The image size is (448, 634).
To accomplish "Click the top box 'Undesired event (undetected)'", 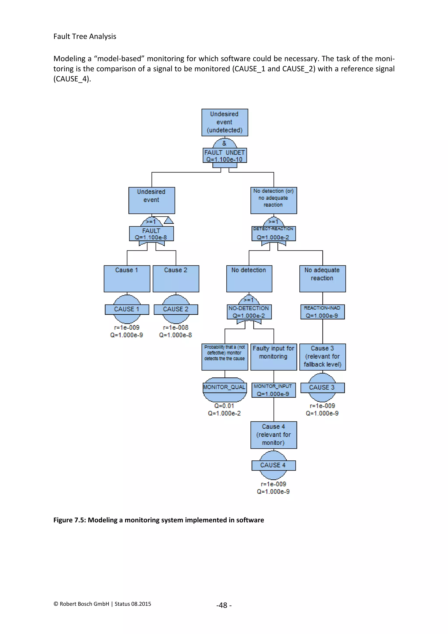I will (x=225, y=122).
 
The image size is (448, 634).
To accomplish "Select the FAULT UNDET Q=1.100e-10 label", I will (x=225, y=156).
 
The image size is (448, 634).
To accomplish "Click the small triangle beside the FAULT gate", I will (x=169, y=220).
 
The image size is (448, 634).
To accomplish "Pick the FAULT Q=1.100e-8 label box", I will (x=151, y=234).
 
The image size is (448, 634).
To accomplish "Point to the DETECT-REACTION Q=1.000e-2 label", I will (x=273, y=234).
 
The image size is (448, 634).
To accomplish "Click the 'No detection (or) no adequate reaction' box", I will (x=273, y=200).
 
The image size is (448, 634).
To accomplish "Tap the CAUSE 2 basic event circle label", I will (x=176, y=309).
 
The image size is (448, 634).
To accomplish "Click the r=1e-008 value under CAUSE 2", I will (x=176, y=328).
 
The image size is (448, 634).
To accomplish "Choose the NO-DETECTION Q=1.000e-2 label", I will (x=249, y=312).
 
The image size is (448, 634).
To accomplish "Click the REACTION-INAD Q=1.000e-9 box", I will (x=322, y=312).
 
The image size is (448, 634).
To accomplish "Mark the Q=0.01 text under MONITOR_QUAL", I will (x=224, y=406).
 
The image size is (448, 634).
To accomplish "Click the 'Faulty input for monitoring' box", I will (x=273, y=357).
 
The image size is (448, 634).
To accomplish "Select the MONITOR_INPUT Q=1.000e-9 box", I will (x=273, y=390).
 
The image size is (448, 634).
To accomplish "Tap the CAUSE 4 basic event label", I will (x=273, y=465).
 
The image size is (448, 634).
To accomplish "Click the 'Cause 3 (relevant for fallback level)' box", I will (x=322, y=357).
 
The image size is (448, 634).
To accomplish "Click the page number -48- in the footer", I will (x=224, y=605).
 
